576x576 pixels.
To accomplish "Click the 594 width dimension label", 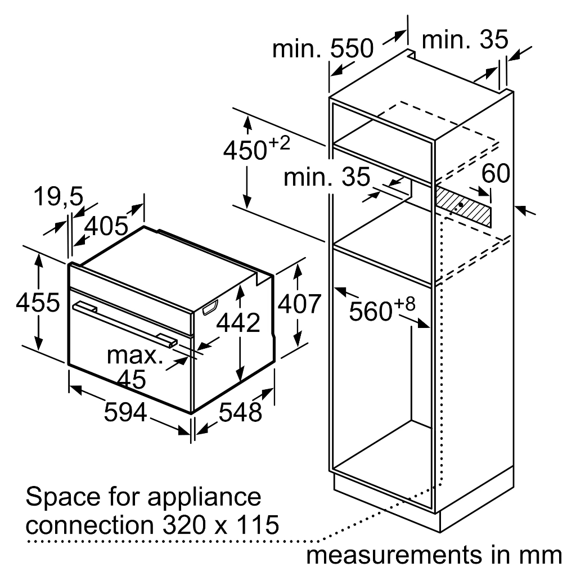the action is [125, 412].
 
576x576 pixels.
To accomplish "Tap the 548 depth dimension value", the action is [240, 412].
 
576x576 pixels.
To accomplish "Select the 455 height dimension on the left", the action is [38, 303].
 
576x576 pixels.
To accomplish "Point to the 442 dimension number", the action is [238, 323].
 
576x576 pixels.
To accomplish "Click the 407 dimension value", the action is [299, 304].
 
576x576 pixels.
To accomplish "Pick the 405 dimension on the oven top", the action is [106, 226].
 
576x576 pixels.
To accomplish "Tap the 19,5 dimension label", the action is [58, 197].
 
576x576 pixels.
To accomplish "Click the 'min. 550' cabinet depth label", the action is [323, 48].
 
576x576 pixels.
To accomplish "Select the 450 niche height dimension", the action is [256, 149].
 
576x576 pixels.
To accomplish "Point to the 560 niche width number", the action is [382, 310].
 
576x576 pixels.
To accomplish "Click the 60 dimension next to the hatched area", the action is [496, 173].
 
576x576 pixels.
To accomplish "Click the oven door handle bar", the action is [125, 323].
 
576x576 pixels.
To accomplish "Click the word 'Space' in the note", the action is [63, 498].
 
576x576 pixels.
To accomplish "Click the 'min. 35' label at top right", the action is [465, 39].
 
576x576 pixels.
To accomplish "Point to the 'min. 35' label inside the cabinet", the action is [327, 177].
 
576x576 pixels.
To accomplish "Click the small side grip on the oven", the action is [210, 307].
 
